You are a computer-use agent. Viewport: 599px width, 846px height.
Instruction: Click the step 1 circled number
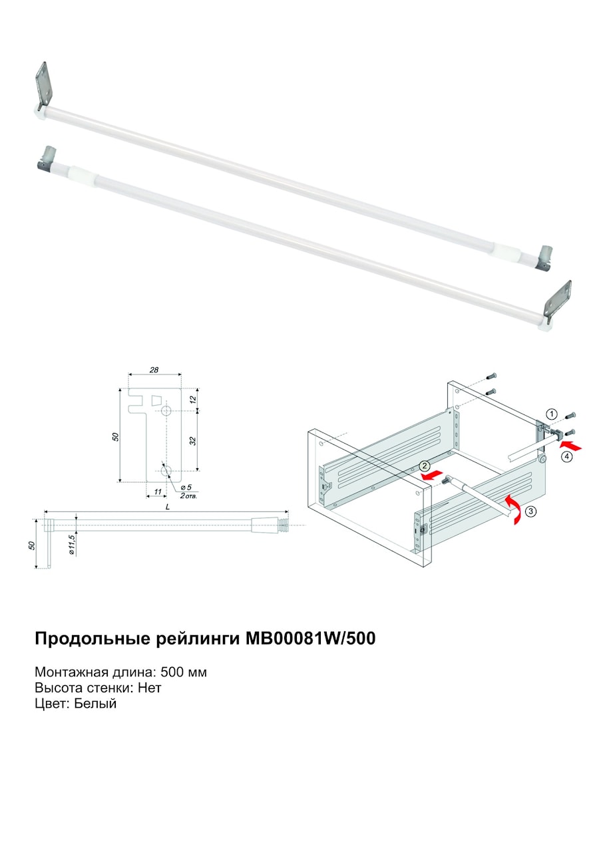[x=552, y=414]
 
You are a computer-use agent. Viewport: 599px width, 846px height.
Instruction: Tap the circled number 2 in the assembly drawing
[x=425, y=466]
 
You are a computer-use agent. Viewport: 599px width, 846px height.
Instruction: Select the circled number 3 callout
[x=531, y=511]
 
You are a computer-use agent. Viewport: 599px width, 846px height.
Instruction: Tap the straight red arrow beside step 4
[x=570, y=446]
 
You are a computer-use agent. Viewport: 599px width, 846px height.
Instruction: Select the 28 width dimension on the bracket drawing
[x=154, y=370]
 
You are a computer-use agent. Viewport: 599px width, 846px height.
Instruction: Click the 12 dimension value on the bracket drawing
[x=193, y=399]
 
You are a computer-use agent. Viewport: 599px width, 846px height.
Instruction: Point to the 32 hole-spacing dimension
[x=193, y=441]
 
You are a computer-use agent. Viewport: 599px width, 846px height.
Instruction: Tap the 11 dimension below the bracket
[x=158, y=492]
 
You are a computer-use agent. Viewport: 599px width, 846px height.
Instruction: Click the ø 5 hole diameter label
[x=186, y=488]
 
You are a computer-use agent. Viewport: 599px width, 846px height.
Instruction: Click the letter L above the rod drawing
[x=168, y=507]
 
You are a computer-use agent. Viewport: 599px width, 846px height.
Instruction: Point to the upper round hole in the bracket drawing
[x=166, y=411]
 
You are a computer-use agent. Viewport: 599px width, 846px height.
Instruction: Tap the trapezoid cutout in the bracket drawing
[x=156, y=400]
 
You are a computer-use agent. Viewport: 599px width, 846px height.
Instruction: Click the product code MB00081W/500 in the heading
[x=311, y=638]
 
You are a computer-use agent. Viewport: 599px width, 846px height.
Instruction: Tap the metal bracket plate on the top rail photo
[x=43, y=86]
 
